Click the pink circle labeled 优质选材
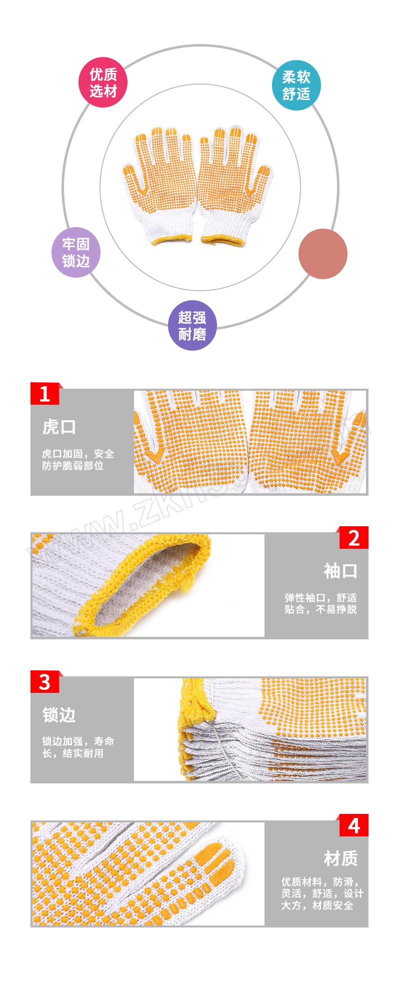(x=103, y=83)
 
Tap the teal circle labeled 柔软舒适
(x=296, y=86)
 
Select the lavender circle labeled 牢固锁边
(x=76, y=253)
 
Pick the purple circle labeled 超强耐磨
(x=192, y=325)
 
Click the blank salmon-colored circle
(x=323, y=254)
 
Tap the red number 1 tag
(x=45, y=394)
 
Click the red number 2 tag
(x=353, y=538)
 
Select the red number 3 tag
(x=45, y=682)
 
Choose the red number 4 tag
(x=353, y=825)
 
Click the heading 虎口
(x=59, y=427)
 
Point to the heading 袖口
(x=340, y=571)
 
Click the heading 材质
(x=340, y=859)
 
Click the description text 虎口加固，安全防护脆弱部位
(x=78, y=460)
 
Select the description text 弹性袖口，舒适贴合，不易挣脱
(x=320, y=603)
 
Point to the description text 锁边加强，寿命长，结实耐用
(x=78, y=747)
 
